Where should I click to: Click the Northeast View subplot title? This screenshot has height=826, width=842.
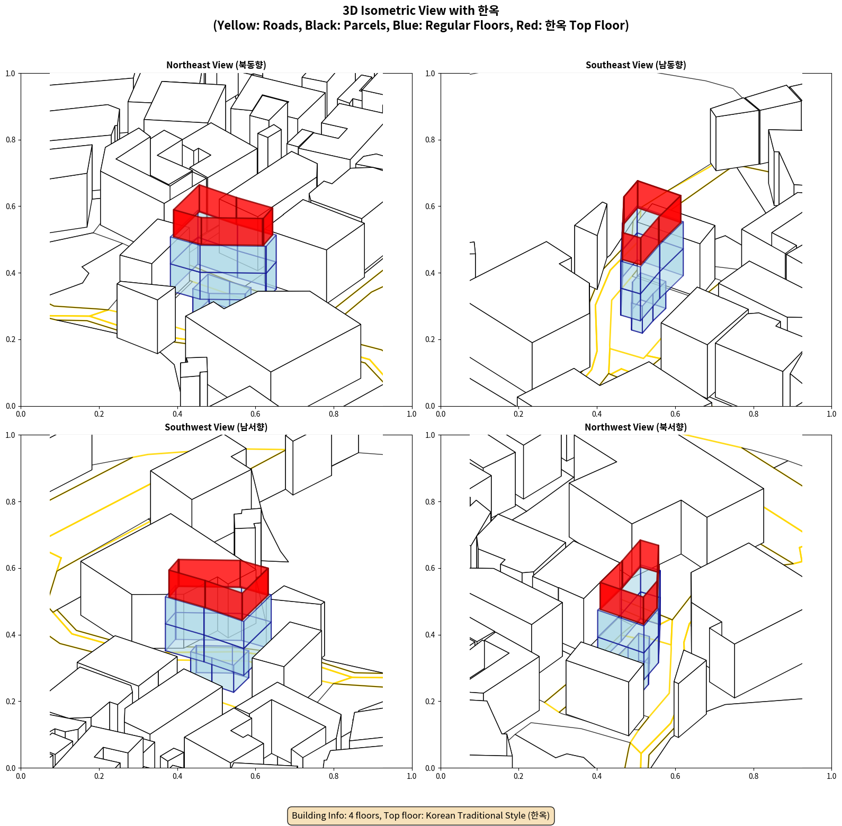click(x=216, y=65)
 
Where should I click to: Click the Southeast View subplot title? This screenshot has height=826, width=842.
click(x=635, y=65)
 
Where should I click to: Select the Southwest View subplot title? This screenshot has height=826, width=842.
click(x=216, y=427)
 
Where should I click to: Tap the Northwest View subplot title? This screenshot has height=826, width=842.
click(x=635, y=427)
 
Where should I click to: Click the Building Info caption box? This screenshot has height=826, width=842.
click(x=421, y=815)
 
